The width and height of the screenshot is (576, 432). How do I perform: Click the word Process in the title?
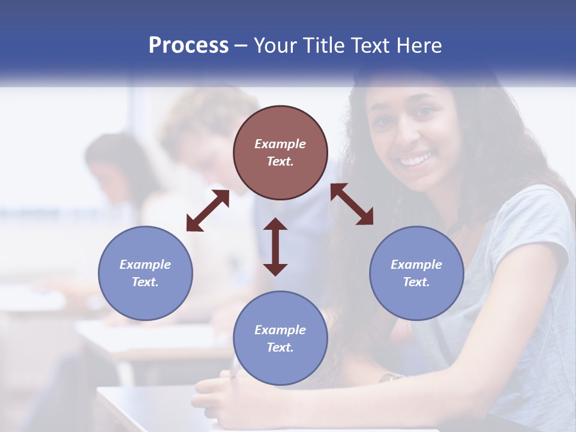[x=188, y=46]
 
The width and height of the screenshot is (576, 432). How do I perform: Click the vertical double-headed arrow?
[x=275, y=247]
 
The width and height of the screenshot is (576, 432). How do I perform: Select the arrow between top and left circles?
[x=208, y=211]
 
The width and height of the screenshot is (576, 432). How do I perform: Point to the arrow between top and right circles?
[x=352, y=204]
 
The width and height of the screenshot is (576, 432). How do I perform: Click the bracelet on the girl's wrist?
[x=391, y=377]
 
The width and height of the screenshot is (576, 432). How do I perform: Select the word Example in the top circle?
[x=280, y=144]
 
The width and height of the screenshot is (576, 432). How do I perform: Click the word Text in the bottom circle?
[x=280, y=347]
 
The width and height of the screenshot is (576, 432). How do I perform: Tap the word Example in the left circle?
[x=145, y=265]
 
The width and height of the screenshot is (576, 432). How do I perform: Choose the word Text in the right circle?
[x=416, y=282]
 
